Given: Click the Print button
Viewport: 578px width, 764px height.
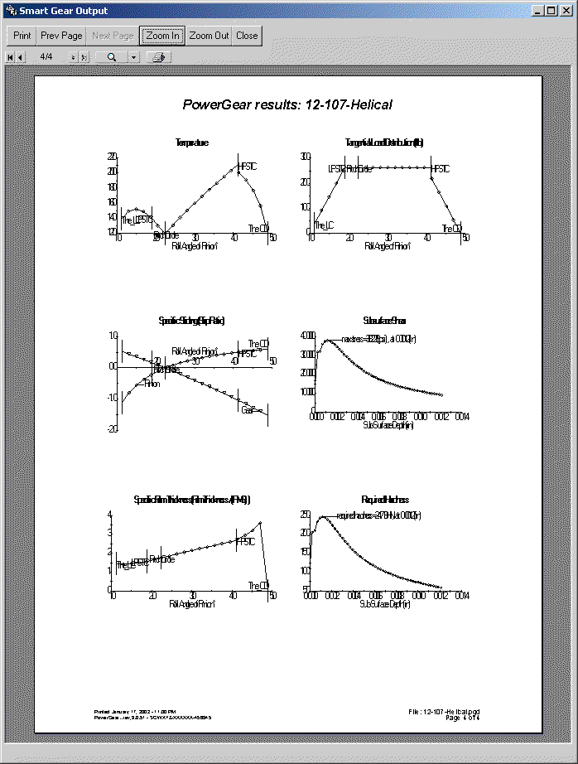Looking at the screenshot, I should coord(22,36).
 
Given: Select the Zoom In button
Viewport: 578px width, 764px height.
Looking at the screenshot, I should coord(162,36).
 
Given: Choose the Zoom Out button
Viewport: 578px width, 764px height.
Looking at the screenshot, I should coord(209,36).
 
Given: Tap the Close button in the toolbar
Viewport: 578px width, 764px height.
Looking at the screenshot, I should coord(247,36).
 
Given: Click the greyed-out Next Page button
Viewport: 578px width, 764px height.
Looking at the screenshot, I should coord(113,36).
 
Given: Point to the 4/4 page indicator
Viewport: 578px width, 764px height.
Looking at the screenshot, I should coord(46,57).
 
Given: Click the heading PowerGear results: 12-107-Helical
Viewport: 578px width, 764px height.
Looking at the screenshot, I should coord(287,104).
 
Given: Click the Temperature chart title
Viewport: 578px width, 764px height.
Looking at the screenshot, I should coord(192,143).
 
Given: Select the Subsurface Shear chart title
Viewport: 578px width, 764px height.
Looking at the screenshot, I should coord(385,320).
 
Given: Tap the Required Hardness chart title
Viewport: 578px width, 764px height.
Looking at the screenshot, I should coord(385,500).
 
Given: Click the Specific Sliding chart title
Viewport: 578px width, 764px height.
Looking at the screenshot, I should coord(191,320).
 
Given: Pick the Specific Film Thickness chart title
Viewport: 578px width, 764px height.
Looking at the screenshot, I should coord(192,500).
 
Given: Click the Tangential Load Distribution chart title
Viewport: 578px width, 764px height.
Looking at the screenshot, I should coord(385,143).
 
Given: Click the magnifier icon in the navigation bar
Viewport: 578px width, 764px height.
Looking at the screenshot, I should coord(112,57).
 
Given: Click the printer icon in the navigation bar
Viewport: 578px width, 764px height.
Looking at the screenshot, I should coord(159,57).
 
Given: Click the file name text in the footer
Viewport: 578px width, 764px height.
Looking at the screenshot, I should coord(445,711).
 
